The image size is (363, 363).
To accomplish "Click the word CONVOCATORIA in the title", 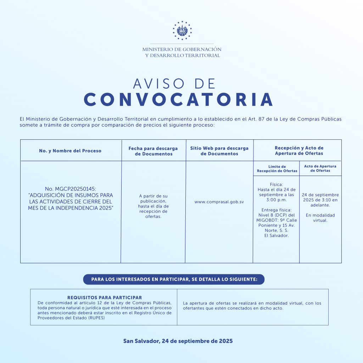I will click(x=178, y=100).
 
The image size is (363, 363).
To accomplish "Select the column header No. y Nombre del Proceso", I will click(x=70, y=151).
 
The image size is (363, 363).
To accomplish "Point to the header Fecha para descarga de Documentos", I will click(x=153, y=151).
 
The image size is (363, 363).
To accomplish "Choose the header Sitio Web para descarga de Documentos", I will click(x=219, y=151).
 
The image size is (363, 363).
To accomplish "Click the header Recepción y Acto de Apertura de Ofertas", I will click(x=299, y=151).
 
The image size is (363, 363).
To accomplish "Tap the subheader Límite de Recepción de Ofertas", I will click(x=277, y=169).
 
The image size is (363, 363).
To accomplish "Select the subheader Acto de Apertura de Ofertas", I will click(x=320, y=168).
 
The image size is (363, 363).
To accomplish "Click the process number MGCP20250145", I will click(x=76, y=189).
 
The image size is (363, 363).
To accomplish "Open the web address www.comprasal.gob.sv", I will click(x=219, y=202).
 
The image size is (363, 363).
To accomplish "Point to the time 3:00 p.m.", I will click(x=277, y=200).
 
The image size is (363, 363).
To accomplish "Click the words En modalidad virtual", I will click(x=320, y=218).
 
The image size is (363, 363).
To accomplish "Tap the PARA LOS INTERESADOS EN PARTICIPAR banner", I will click(x=174, y=279).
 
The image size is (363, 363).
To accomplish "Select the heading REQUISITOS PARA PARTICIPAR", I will click(x=105, y=298).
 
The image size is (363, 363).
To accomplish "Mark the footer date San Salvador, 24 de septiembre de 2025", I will click(x=178, y=341).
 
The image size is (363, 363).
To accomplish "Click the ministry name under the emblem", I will click(x=182, y=52).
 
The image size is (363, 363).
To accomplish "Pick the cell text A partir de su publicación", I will click(x=153, y=199).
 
